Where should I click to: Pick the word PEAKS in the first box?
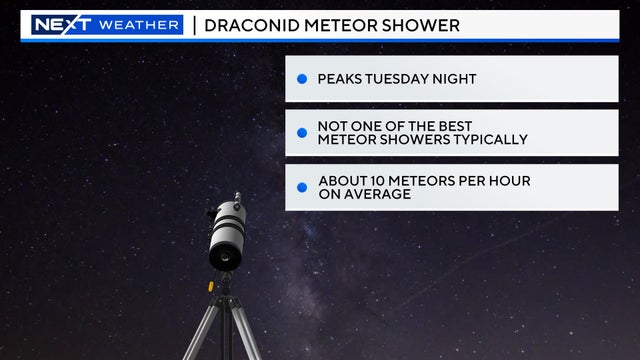(x=342, y=79)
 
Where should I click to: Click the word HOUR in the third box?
(x=507, y=181)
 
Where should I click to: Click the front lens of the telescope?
(x=223, y=257)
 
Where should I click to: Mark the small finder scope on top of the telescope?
(x=237, y=199)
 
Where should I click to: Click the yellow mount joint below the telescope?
(x=212, y=285)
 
